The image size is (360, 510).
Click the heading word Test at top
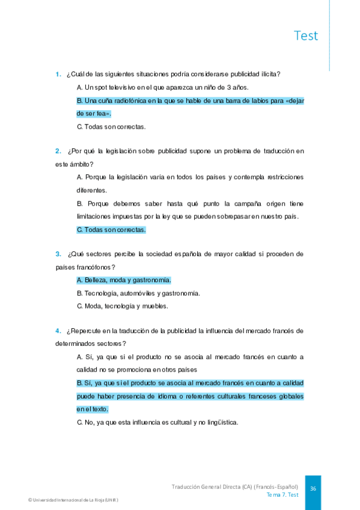pos(306,35)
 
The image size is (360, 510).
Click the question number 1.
pos(58,74)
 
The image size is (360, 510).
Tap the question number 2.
pos(58,151)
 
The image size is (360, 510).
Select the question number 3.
pos(58,254)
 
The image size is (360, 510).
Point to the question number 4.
pos(58,331)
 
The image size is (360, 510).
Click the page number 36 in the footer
pos(313,489)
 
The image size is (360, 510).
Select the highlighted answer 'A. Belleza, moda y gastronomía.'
pos(124,280)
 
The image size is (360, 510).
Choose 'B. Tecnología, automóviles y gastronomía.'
pos(138,293)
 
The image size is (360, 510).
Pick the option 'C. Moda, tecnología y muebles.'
pos(123,306)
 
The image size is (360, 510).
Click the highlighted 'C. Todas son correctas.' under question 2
pos(111,229)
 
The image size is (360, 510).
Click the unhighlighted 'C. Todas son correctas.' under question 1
pos(111,126)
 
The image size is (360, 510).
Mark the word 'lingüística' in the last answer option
pos(221,422)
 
